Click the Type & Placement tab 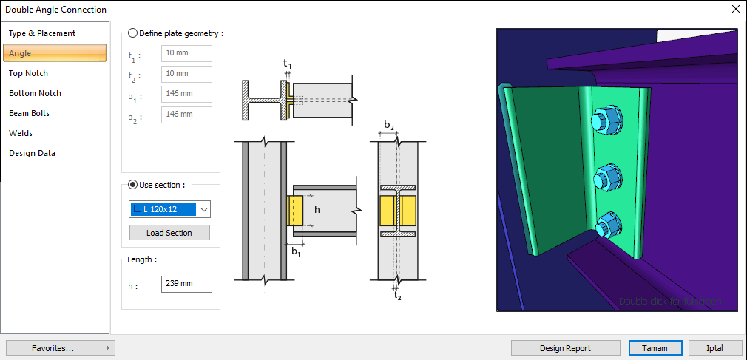tap(42, 33)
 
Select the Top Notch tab tap(28, 73)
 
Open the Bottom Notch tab tap(35, 93)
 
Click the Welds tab tap(21, 133)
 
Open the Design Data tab tap(32, 153)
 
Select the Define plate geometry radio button tap(133, 33)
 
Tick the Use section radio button tap(133, 184)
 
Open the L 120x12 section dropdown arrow tap(203, 210)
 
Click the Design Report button tap(566, 348)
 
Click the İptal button tap(715, 348)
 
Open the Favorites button tap(59, 348)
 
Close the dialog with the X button tap(735, 10)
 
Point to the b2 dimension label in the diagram tap(388, 125)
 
